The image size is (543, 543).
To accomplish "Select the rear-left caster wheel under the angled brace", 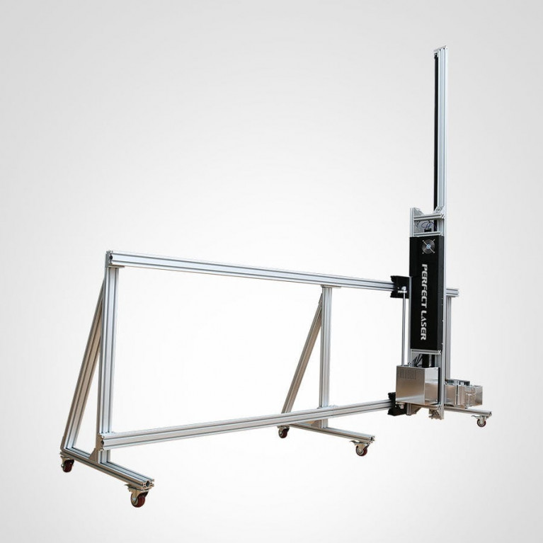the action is [x=67, y=464].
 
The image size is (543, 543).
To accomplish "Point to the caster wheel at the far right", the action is [x=481, y=421].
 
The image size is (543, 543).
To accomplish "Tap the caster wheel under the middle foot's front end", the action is [x=360, y=448].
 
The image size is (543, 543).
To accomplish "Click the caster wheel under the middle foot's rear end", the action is [x=283, y=432].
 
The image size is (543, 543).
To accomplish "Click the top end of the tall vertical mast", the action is [x=440, y=48].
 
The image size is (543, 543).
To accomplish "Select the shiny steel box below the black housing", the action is [x=416, y=384].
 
